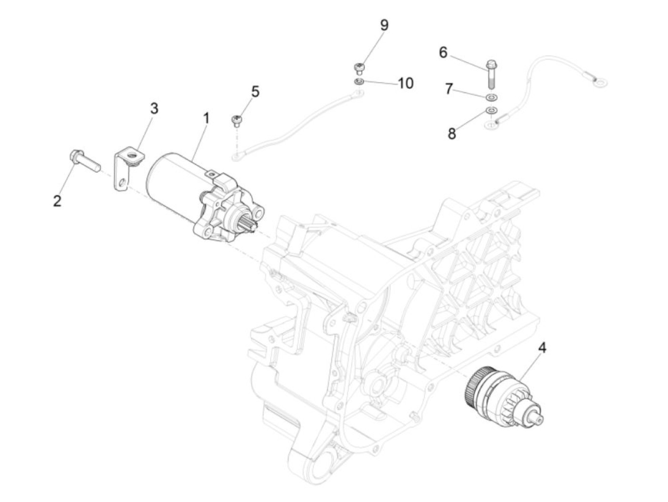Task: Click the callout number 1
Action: (x=206, y=118)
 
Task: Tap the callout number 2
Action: (x=58, y=201)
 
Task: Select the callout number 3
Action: (x=154, y=109)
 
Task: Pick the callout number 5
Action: (x=255, y=92)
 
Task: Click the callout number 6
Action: (x=443, y=52)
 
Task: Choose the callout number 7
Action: (x=449, y=89)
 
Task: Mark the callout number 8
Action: (x=451, y=134)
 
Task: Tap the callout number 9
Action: (x=384, y=26)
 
